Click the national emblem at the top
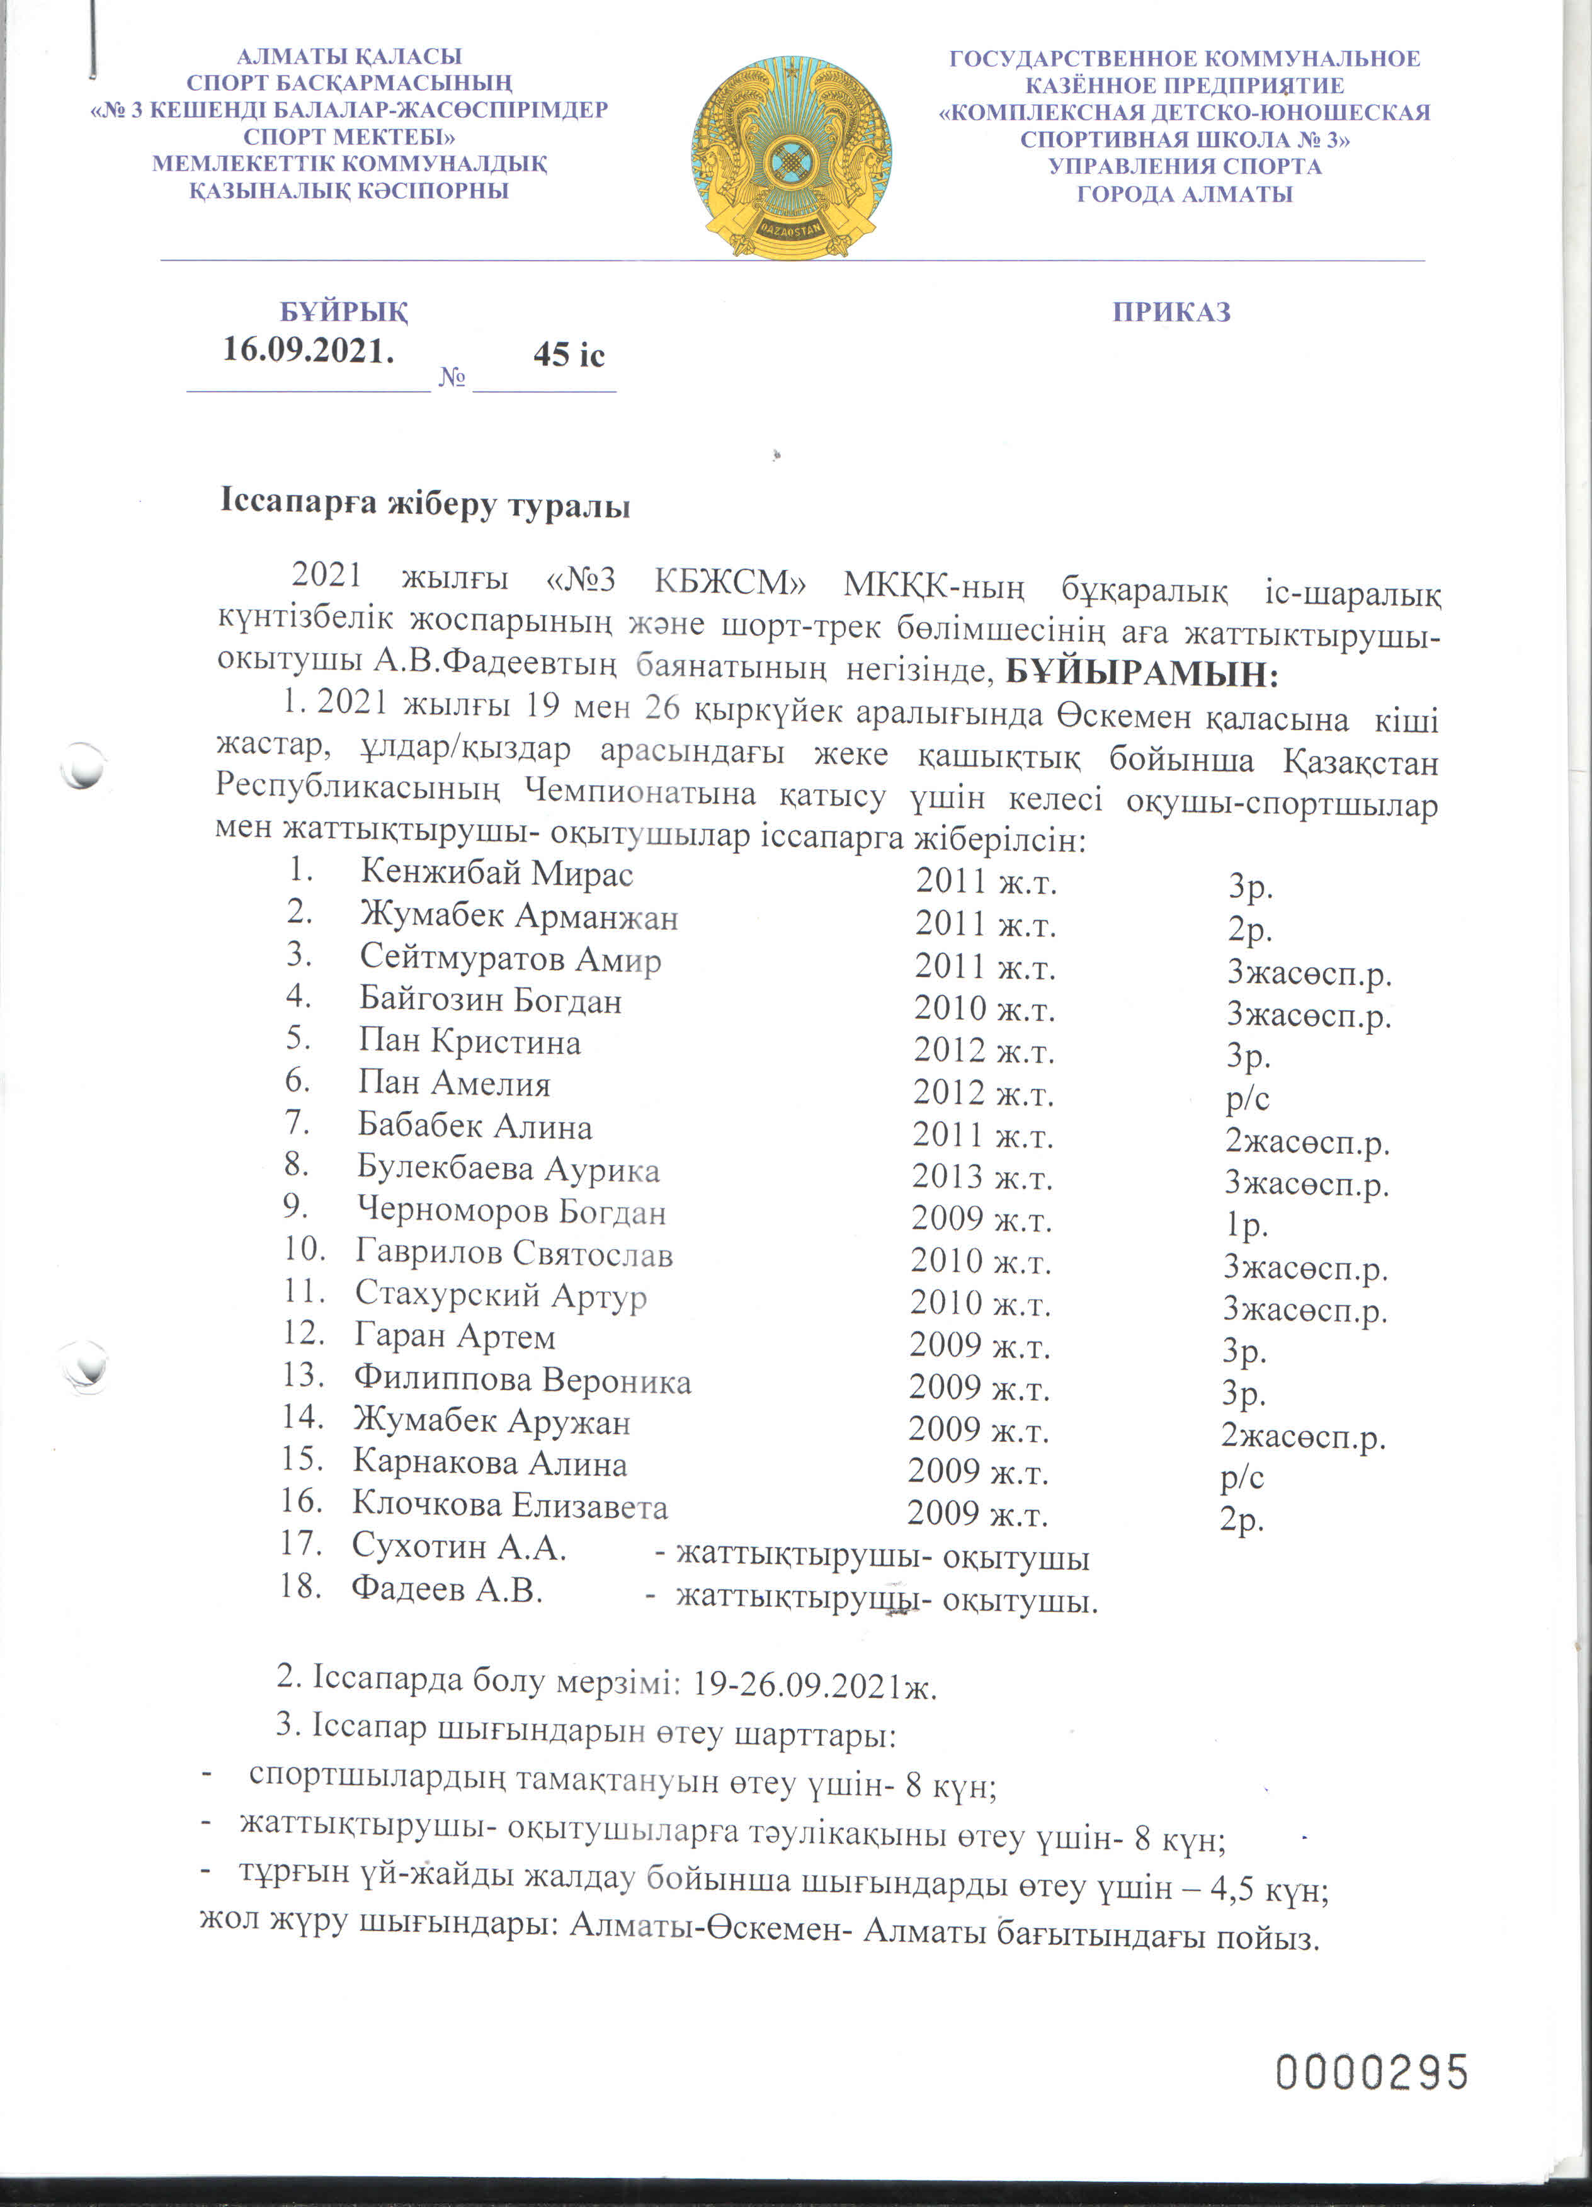(x=791, y=157)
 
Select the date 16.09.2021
(x=309, y=350)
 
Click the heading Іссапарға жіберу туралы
(x=425, y=505)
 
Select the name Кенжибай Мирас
(x=496, y=873)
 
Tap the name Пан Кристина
(x=469, y=1042)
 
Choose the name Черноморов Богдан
(x=511, y=1211)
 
